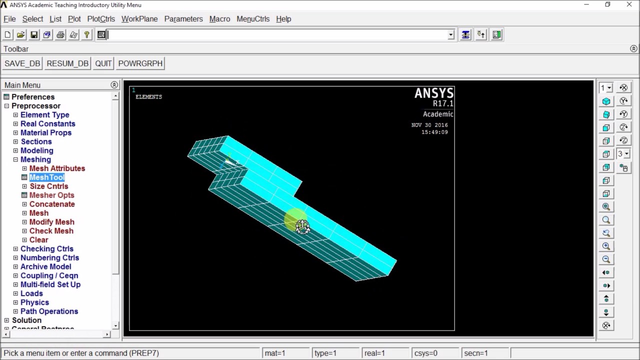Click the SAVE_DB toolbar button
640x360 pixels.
pyautogui.click(x=22, y=63)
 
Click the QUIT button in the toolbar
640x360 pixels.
pyautogui.click(x=103, y=63)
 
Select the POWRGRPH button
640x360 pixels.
pyautogui.click(x=140, y=63)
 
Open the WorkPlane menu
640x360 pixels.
pyautogui.click(x=139, y=19)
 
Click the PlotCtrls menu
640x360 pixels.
pyautogui.click(x=101, y=19)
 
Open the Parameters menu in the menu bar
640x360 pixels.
pyautogui.click(x=183, y=19)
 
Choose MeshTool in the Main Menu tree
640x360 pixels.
pyautogui.click(x=47, y=177)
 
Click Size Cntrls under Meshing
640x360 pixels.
pyautogui.click(x=48, y=186)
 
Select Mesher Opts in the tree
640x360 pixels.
pyautogui.click(x=51, y=195)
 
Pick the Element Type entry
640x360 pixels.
pyautogui.click(x=44, y=115)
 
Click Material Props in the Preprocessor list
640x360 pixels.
pyautogui.click(x=45, y=133)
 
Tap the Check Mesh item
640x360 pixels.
pyautogui.click(x=51, y=231)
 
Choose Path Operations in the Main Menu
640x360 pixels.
pyautogui.click(x=49, y=311)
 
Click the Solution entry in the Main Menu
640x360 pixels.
pyautogui.click(x=26, y=320)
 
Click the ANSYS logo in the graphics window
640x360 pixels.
pyautogui.click(x=434, y=93)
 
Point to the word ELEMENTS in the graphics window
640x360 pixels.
pyautogui.click(x=148, y=97)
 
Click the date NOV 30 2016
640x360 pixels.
pyautogui.click(x=429, y=125)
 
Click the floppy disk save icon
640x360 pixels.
pyautogui.click(x=34, y=35)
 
